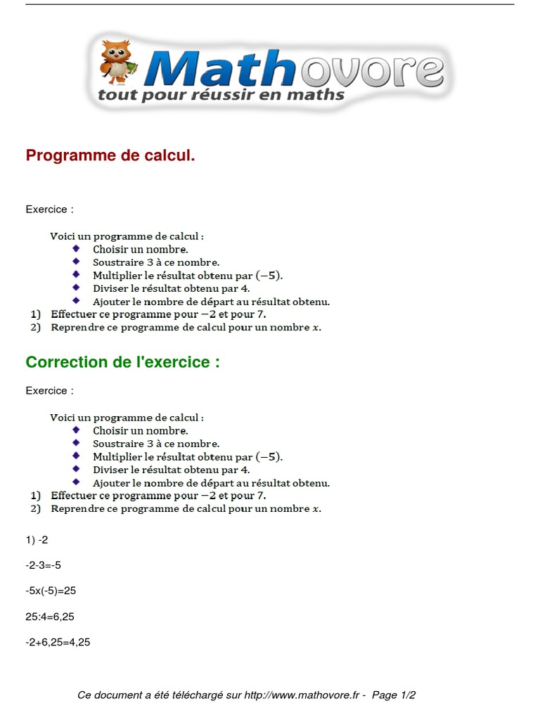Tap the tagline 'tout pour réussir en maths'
tap(221, 94)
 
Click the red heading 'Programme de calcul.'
tap(110, 155)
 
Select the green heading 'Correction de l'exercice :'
tap(122, 362)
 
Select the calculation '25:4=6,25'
tap(50, 617)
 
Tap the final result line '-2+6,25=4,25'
tap(58, 642)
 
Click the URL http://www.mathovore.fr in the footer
tap(304, 695)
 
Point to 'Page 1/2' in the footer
tap(394, 695)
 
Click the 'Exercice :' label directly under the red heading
tap(49, 209)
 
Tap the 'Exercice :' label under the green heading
tap(49, 390)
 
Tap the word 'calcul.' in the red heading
tap(169, 155)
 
